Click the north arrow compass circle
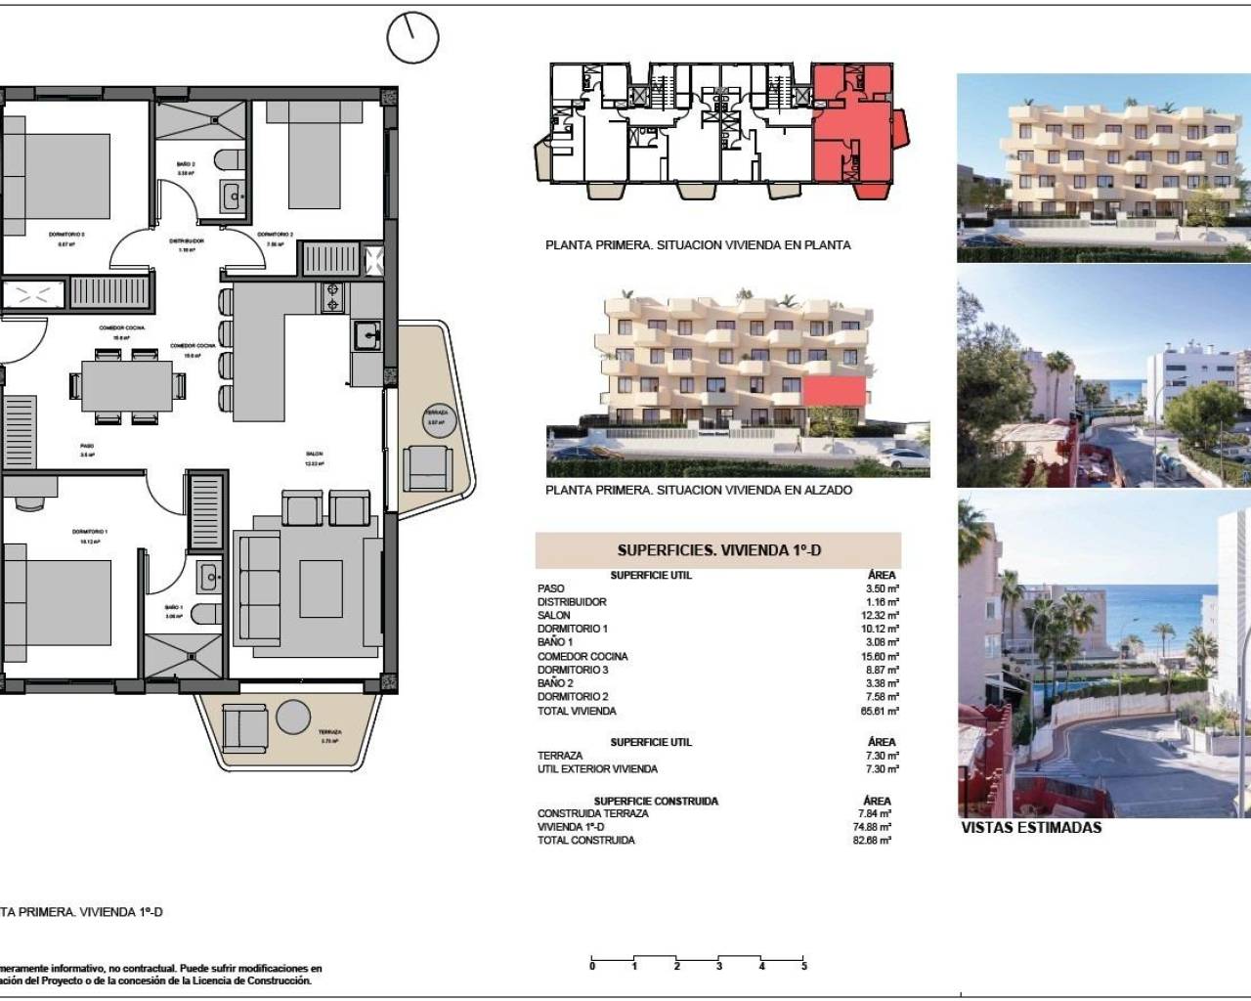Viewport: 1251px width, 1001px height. click(x=412, y=38)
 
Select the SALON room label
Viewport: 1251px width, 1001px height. click(x=314, y=455)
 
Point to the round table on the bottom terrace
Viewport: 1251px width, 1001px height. click(x=293, y=718)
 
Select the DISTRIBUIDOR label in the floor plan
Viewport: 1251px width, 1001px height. click(x=186, y=240)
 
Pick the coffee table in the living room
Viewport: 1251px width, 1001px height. click(x=321, y=588)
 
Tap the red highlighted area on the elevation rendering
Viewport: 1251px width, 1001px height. click(x=836, y=392)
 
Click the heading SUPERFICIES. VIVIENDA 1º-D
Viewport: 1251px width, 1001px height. click(x=718, y=550)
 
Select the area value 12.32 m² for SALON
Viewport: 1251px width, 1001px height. click(x=879, y=615)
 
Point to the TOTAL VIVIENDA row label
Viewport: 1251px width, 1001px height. click(x=577, y=711)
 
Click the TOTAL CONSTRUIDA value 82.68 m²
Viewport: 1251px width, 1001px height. click(x=871, y=840)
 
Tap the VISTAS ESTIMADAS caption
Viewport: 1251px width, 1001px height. click(x=1031, y=827)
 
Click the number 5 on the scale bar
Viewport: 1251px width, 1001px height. click(x=804, y=967)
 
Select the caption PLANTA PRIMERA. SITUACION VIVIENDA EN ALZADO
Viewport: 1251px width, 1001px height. click(x=699, y=490)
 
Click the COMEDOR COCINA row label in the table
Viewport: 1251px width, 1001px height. click(x=582, y=656)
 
